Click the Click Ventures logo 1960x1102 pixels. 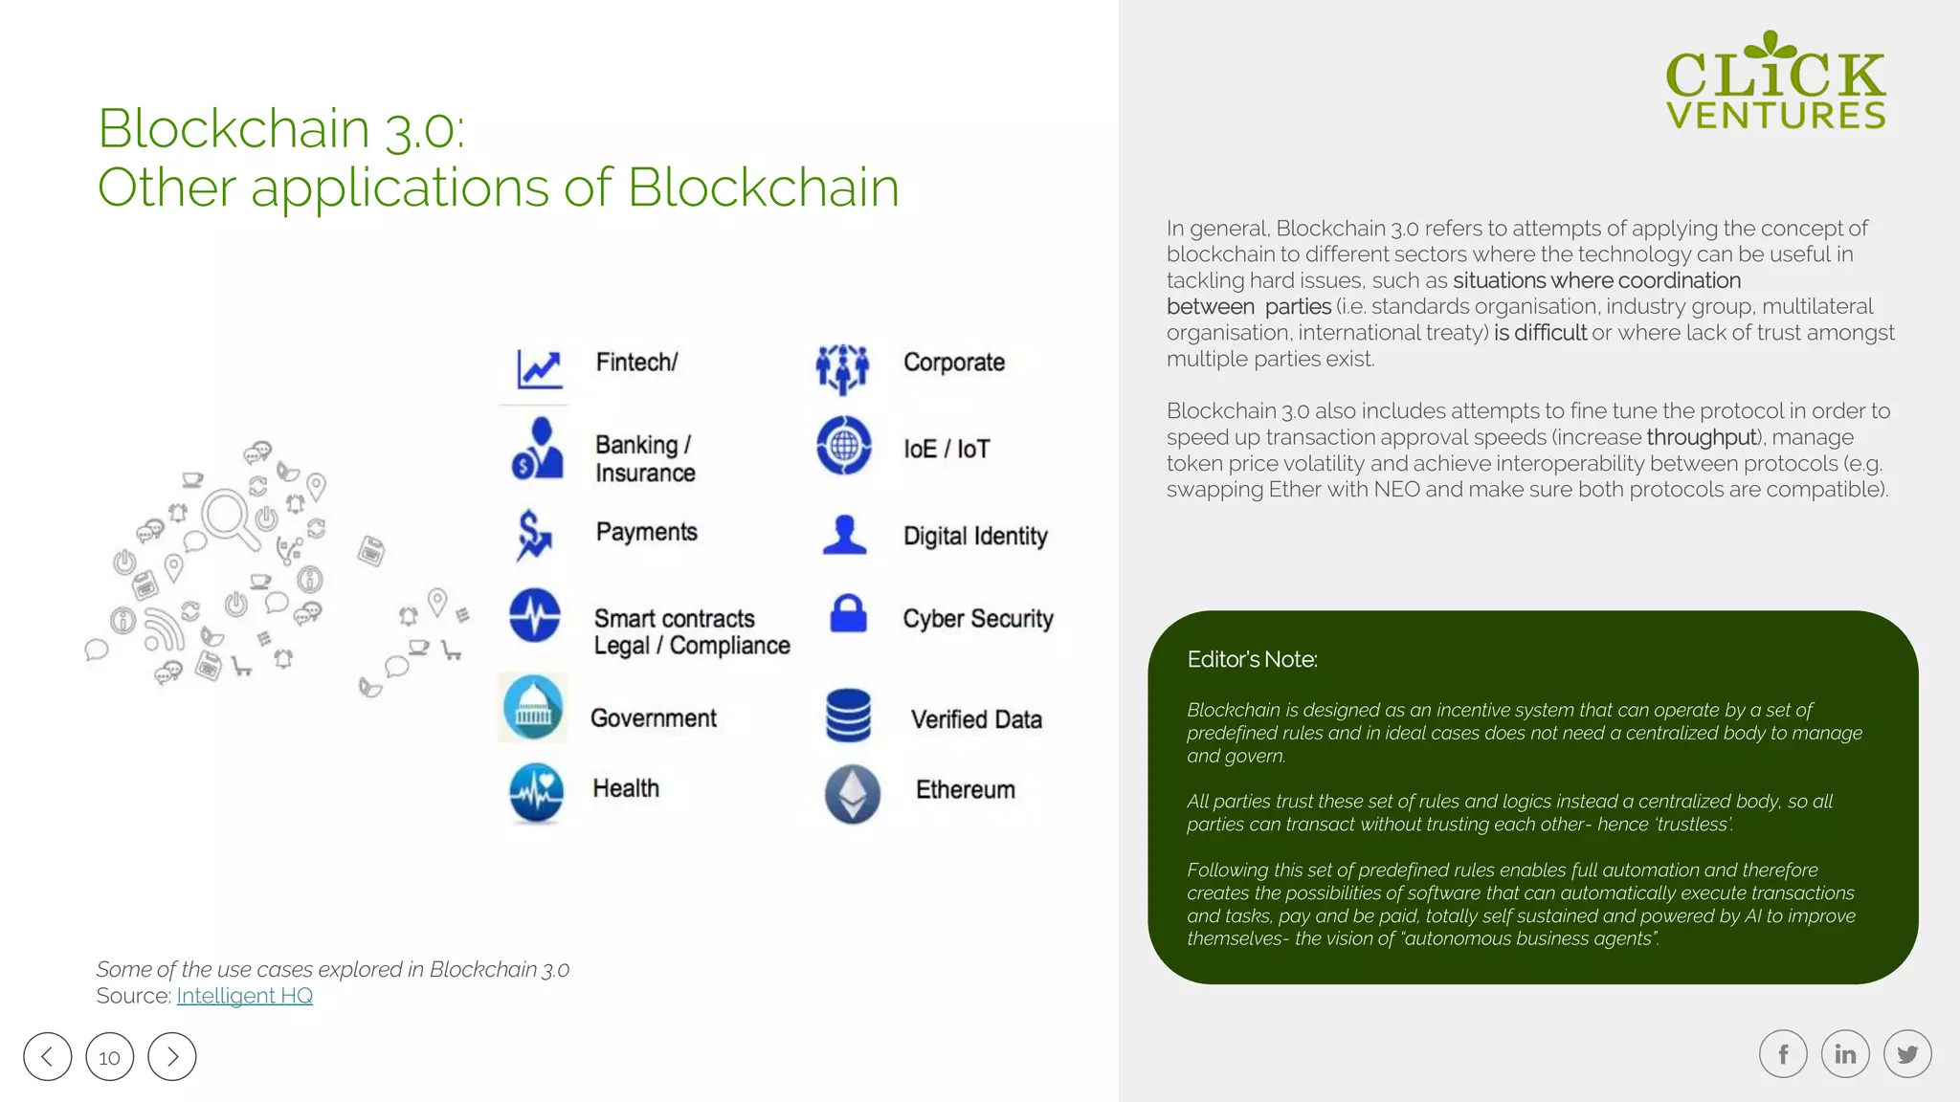click(x=1775, y=81)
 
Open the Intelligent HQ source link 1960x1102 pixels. click(x=244, y=996)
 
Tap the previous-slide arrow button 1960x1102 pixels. click(x=48, y=1057)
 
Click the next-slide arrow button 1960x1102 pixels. click(x=172, y=1057)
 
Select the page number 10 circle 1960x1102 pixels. click(x=110, y=1057)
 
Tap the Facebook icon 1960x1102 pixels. click(x=1783, y=1054)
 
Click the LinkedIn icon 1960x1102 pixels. click(x=1845, y=1054)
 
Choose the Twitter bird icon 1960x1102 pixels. click(x=1907, y=1054)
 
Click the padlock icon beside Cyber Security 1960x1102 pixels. click(x=848, y=614)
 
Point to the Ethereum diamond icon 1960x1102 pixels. click(x=852, y=793)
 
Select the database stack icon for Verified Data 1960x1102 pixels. click(x=848, y=716)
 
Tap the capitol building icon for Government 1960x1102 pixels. click(x=533, y=708)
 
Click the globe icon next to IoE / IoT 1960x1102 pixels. click(x=843, y=446)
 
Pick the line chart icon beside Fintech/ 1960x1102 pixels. click(x=540, y=368)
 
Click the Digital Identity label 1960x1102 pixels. click(x=975, y=536)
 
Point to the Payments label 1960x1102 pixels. click(x=646, y=532)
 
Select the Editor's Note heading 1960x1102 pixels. click(x=1252, y=659)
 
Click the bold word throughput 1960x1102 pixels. click(x=1701, y=437)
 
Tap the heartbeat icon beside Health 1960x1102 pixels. click(x=536, y=792)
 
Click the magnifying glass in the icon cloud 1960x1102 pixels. click(x=230, y=518)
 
